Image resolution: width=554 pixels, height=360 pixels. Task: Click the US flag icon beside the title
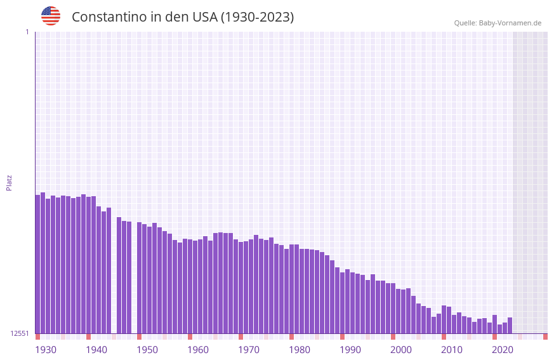point(51,16)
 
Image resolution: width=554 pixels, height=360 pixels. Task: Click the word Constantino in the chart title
point(109,17)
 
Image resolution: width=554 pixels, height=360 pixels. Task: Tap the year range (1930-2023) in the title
point(257,17)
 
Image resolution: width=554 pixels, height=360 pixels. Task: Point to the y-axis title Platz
point(9,182)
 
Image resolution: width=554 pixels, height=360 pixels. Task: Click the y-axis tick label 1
point(27,32)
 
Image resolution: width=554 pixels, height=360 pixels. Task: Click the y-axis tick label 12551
point(20,333)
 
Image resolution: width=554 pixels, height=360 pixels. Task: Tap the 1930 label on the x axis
point(46,350)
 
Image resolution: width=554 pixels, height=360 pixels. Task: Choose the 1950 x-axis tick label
point(147,350)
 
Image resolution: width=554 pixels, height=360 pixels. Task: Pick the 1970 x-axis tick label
point(249,350)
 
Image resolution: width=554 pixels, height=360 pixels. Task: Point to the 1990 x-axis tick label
point(350,350)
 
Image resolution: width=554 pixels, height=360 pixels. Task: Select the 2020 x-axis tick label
point(503,350)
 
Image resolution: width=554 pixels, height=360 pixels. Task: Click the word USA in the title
point(201,17)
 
